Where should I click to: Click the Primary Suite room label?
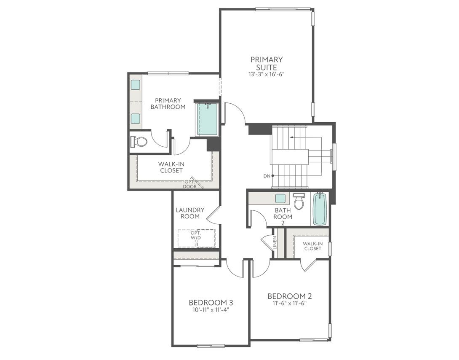pyautogui.click(x=267, y=63)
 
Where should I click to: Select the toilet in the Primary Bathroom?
pyautogui.click(x=139, y=142)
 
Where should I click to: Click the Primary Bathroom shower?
pyautogui.click(x=208, y=119)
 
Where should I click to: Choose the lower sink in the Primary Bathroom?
pyautogui.click(x=135, y=118)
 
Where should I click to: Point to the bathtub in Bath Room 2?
pyautogui.click(x=320, y=209)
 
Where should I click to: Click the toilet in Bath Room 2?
pyautogui.click(x=299, y=202)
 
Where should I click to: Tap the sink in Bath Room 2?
pyautogui.click(x=281, y=198)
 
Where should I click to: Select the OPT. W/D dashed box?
pyautogui.click(x=196, y=238)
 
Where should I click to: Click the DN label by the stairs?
pyautogui.click(x=267, y=175)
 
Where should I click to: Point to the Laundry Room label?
pyautogui.click(x=190, y=213)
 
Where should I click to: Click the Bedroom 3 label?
pyautogui.click(x=211, y=303)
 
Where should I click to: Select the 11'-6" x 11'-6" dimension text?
pyautogui.click(x=289, y=303)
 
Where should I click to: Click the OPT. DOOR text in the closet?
pyautogui.click(x=189, y=184)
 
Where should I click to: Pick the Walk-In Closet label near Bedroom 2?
pyautogui.click(x=312, y=246)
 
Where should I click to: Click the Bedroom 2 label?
pyautogui.click(x=289, y=296)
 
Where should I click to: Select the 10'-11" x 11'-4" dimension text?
pyautogui.click(x=211, y=310)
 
